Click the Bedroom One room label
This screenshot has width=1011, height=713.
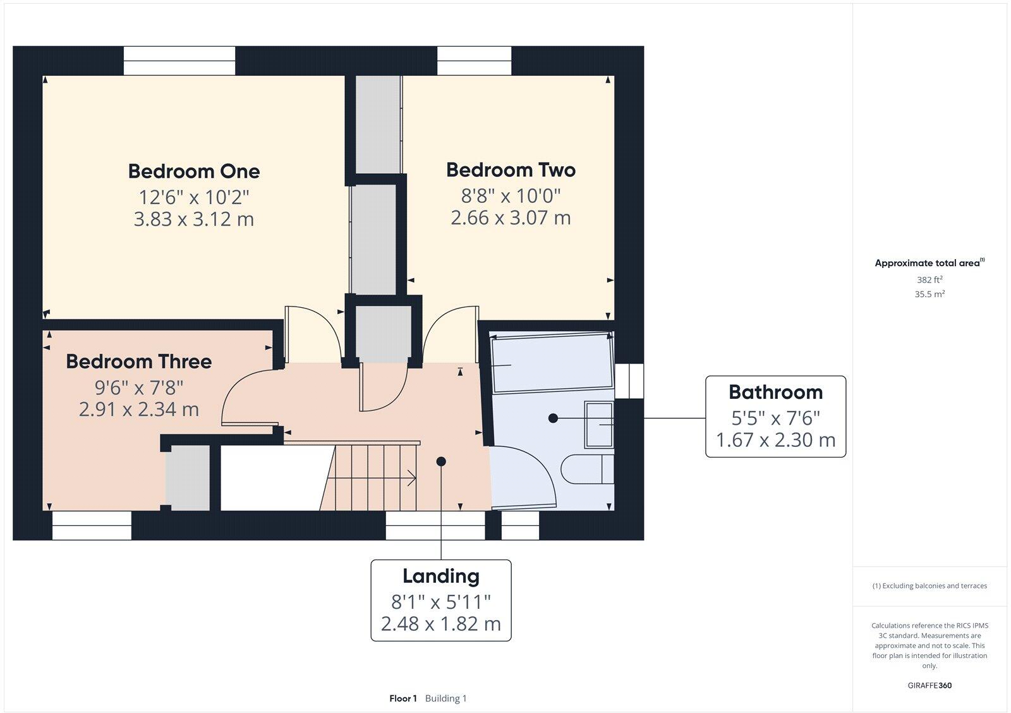tap(194, 171)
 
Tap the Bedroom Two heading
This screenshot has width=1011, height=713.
tap(511, 170)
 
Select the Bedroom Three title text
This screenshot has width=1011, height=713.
tap(138, 362)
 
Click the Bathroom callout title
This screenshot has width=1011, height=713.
tap(775, 392)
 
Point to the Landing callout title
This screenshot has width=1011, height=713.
tap(441, 576)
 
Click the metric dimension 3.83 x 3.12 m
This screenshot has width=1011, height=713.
tap(194, 219)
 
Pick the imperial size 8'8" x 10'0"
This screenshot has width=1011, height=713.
tap(511, 195)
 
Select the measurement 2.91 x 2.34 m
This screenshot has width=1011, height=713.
tap(138, 409)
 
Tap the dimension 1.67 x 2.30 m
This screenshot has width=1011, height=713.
tap(775, 439)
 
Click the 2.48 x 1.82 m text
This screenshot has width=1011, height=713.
tap(441, 624)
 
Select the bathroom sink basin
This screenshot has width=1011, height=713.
tap(599, 425)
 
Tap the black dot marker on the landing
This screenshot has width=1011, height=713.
tap(441, 461)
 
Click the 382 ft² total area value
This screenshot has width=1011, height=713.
tap(929, 279)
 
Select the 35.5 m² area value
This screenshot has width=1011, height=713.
tap(929, 294)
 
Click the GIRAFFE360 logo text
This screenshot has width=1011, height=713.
tap(929, 685)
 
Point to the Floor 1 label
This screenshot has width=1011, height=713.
tap(403, 698)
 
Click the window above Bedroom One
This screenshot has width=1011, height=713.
tap(179, 61)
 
